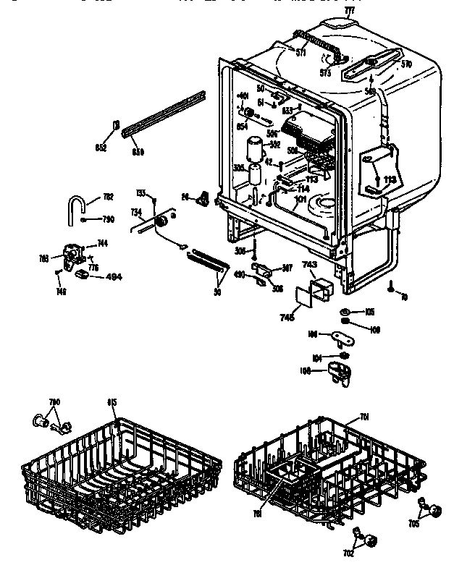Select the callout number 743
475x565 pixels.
point(309,264)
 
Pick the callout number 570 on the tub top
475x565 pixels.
point(406,64)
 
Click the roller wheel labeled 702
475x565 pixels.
point(371,540)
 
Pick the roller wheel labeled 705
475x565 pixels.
point(435,512)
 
